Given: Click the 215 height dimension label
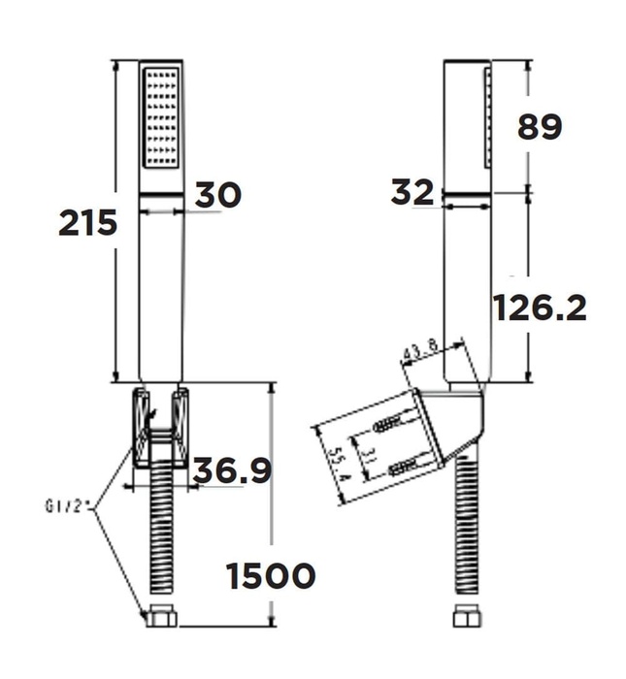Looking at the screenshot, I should point(88,222).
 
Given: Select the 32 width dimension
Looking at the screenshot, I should point(412,193).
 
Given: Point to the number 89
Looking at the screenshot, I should point(540,127).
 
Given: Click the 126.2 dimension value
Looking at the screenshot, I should point(540,308).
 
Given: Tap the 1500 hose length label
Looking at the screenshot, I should point(271,575).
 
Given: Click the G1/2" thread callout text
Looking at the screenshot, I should point(68,505).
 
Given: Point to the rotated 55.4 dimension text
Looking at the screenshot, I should point(337,464).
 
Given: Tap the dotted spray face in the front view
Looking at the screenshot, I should point(161,118).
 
